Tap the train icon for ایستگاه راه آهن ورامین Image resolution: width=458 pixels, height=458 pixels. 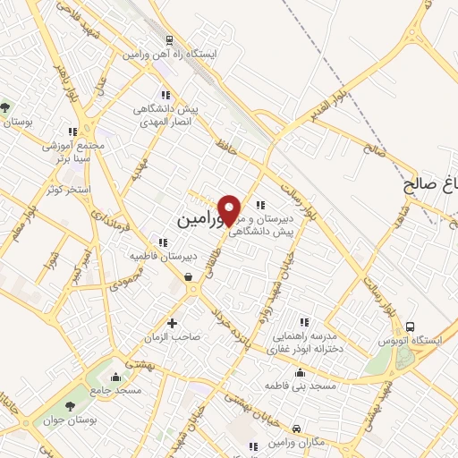168,39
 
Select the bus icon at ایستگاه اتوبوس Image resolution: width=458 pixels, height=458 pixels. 411,327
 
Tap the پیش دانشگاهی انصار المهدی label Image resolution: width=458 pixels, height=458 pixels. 165,114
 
